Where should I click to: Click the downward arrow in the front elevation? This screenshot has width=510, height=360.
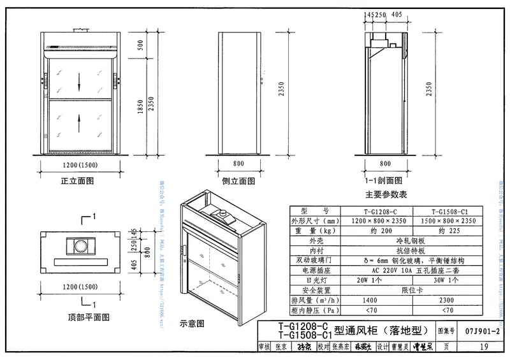click(79, 81)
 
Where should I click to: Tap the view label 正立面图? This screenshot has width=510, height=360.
click(77, 180)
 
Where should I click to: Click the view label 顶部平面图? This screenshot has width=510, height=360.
click(89, 316)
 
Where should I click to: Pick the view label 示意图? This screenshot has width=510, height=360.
click(192, 323)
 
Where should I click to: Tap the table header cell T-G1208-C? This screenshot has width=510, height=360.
click(376, 211)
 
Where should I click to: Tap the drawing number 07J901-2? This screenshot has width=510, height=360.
click(482, 332)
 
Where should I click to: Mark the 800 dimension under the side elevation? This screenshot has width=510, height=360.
click(238, 163)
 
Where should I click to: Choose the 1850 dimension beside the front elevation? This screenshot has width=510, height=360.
click(140, 112)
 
